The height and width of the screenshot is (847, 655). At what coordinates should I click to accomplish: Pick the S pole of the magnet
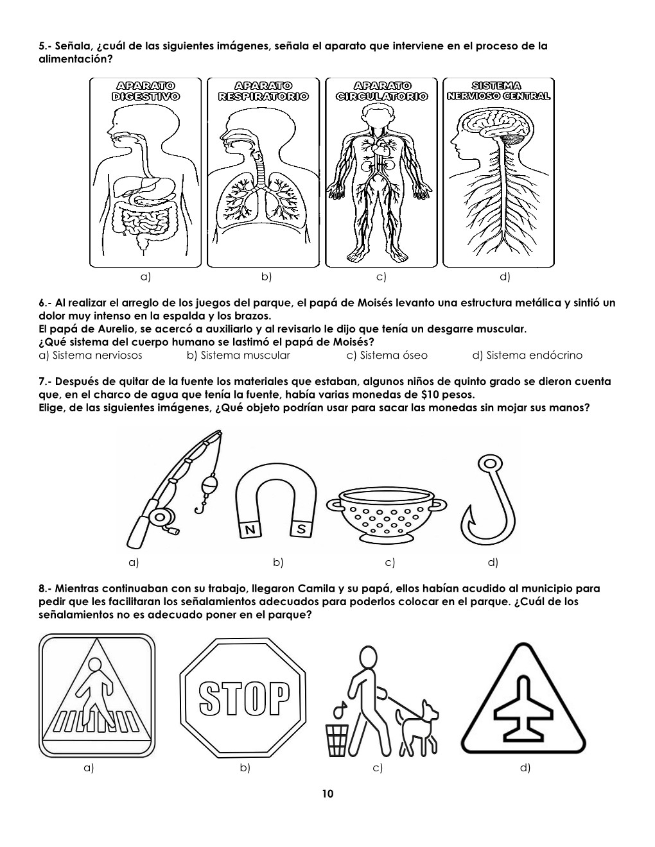[301, 529]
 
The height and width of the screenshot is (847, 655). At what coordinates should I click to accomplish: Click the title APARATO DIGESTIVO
[146, 91]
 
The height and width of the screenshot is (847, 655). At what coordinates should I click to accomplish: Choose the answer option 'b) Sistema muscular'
[238, 355]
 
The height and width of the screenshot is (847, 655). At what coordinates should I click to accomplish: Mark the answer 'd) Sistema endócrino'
[527, 355]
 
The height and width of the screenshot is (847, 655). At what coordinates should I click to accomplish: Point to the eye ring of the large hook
[489, 463]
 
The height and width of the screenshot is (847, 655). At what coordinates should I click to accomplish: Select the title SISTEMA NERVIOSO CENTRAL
[499, 91]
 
